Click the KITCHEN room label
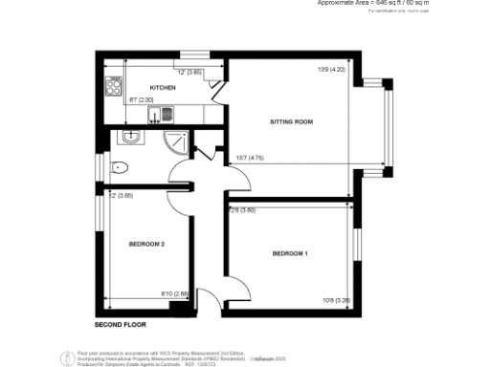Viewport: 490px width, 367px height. click(x=163, y=86)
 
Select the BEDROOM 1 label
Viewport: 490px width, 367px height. click(x=290, y=253)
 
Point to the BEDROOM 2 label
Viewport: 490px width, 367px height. click(x=147, y=245)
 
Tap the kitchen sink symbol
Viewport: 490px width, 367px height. click(x=157, y=115)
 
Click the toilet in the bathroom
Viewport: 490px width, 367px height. click(x=118, y=168)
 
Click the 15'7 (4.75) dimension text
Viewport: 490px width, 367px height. click(x=249, y=159)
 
